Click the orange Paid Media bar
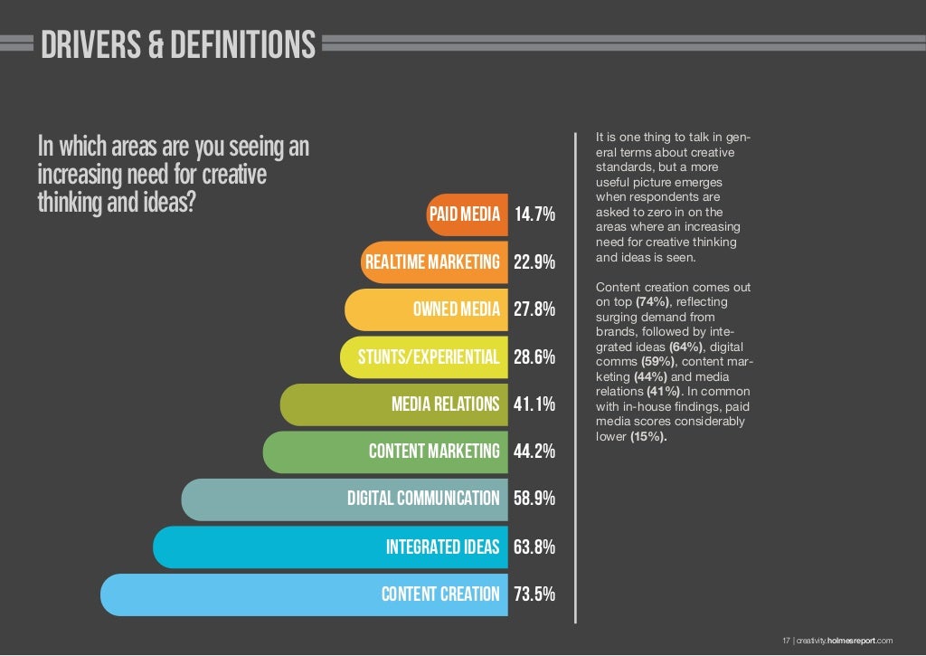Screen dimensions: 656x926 point(467,214)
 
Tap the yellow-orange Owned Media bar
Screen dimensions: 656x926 point(426,309)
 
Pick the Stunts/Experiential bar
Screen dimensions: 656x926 point(423,357)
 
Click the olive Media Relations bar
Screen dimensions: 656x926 point(393,404)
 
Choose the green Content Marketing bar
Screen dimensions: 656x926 point(384,452)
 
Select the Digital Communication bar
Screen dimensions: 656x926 point(345,499)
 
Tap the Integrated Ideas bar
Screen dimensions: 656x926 point(330,547)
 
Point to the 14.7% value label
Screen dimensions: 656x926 point(534,215)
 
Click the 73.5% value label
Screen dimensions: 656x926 point(534,594)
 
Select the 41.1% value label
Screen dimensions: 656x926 point(534,404)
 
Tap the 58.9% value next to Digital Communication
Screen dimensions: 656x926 point(534,499)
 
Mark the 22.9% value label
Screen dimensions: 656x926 point(534,262)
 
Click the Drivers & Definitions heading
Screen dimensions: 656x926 point(178,44)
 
